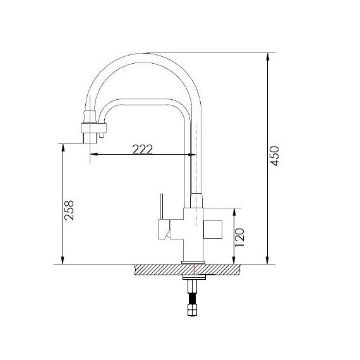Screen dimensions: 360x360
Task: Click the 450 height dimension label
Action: coord(275,156)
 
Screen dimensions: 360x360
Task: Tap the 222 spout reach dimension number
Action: coord(143,149)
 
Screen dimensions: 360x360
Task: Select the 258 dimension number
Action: coord(69,210)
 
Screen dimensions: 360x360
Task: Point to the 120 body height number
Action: coord(239,237)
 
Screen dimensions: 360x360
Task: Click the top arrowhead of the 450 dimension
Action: coord(268,57)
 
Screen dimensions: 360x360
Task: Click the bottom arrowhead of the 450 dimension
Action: coord(268,260)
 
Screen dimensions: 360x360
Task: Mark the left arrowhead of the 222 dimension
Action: coord(94,154)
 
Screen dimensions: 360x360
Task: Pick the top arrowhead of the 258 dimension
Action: coord(63,148)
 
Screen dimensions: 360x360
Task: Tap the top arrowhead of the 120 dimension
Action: coord(234,212)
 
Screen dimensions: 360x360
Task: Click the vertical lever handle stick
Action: coord(162,207)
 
